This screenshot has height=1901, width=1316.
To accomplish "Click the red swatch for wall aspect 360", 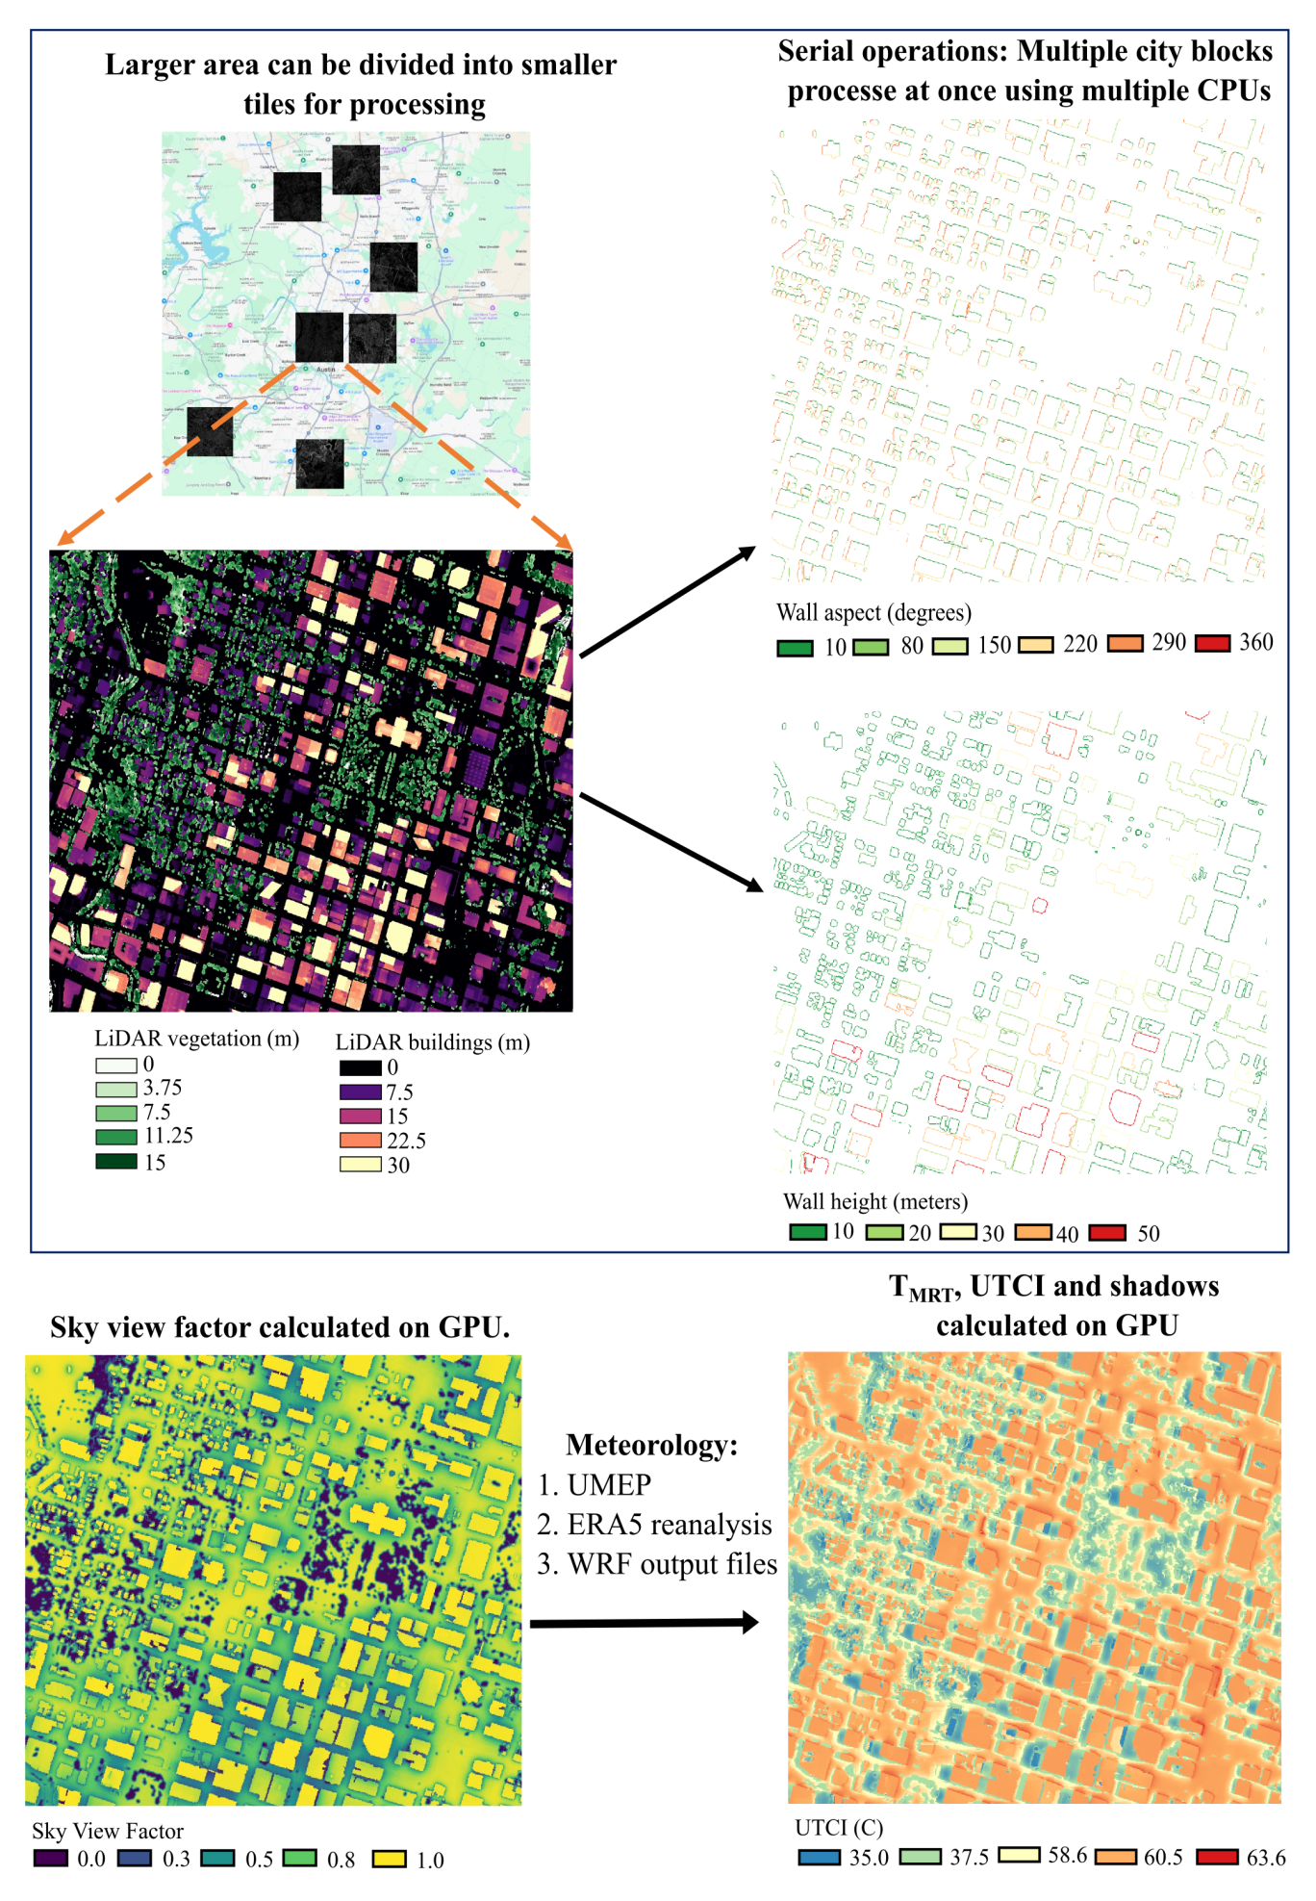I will (1212, 644).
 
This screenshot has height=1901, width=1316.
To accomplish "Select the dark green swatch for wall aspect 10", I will (795, 648).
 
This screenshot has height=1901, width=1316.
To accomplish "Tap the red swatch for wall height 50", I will (1106, 1233).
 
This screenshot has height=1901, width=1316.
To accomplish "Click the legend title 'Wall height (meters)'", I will (875, 1201).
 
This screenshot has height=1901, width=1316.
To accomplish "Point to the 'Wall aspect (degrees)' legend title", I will (873, 613).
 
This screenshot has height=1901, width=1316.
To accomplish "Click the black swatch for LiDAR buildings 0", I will (360, 1067).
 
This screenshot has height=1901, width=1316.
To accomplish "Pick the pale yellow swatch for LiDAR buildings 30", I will (360, 1165).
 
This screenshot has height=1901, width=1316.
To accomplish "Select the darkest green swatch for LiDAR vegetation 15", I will (115, 1162).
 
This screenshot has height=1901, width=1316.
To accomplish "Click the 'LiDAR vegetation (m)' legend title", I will (196, 1039).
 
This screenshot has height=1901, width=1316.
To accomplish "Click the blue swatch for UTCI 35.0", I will (819, 1858).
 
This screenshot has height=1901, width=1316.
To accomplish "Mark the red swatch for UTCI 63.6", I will (1217, 1857).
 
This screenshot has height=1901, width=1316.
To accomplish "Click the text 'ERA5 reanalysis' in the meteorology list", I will (670, 1525).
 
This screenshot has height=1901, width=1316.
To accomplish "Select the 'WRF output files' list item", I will (671, 1564).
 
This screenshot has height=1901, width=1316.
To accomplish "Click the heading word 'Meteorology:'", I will (651, 1445).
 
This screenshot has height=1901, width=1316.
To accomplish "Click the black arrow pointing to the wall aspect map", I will (668, 602).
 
